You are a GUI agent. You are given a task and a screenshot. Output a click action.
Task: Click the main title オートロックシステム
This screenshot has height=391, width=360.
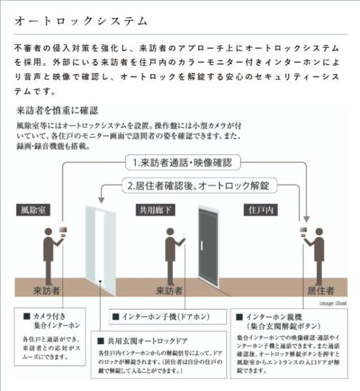click(x=81, y=22)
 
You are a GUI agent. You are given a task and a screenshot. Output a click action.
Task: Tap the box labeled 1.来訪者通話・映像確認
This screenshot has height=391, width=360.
click(x=182, y=162)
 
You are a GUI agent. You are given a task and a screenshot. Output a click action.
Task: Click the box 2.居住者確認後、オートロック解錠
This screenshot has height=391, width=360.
click(x=200, y=185)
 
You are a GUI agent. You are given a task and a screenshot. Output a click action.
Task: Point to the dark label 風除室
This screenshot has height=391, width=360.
click(x=33, y=210)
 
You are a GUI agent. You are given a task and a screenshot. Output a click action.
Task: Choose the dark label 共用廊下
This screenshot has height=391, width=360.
click(x=154, y=210)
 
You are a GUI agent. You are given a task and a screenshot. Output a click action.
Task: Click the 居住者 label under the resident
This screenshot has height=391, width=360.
click(x=321, y=290)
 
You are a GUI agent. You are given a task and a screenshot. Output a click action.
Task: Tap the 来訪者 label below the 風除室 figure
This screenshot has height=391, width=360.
click(x=46, y=290)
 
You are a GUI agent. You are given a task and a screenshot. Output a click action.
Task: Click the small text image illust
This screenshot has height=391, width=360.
click(x=335, y=303)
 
